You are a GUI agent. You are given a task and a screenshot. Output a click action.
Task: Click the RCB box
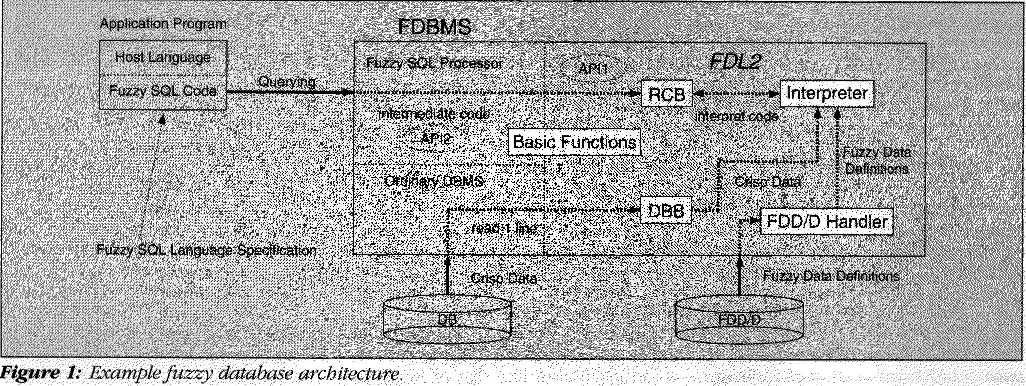point(666,94)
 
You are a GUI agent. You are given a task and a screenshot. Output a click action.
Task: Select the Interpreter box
point(827,93)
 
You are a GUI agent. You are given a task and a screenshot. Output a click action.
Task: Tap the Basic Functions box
point(574,142)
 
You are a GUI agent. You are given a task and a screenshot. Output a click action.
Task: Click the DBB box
point(666,210)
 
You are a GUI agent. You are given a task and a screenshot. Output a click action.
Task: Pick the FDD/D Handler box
point(827,221)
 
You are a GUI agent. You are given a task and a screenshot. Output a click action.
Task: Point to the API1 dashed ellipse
point(593,68)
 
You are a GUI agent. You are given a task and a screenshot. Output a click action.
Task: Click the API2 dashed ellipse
point(436,138)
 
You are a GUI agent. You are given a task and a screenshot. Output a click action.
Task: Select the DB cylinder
point(447,320)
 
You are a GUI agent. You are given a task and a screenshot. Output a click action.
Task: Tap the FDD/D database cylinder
point(739,320)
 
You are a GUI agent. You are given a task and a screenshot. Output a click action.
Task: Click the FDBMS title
point(434,27)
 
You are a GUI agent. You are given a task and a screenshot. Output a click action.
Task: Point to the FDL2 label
point(736,61)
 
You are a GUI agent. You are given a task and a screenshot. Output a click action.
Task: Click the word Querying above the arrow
point(287,82)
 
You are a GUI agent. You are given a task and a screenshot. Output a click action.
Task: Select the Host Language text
point(163,57)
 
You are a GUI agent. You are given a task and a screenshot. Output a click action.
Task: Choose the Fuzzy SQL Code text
point(163,91)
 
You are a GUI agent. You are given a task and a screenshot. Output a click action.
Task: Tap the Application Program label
point(163,23)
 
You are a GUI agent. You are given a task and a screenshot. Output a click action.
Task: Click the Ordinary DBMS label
point(434,181)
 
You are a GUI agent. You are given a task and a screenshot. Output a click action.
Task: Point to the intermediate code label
point(434,114)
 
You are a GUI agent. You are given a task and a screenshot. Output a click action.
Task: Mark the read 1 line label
point(504,229)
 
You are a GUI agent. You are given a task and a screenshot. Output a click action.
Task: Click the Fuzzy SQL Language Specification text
point(206,250)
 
